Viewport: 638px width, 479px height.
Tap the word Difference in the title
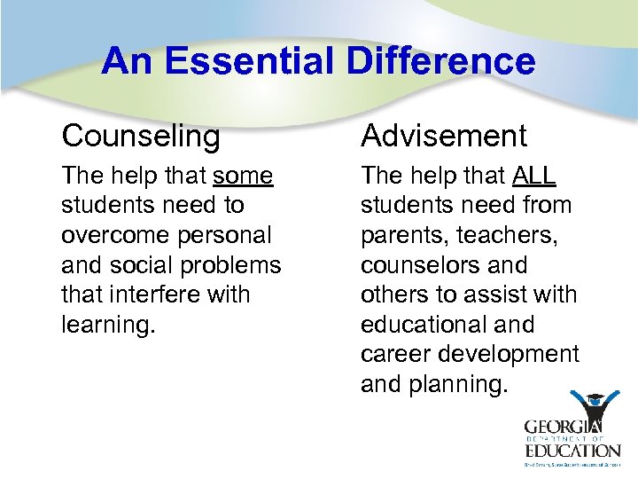pos(440,61)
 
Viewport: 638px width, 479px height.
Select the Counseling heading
pos(141,136)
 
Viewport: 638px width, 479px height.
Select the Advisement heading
pos(443,136)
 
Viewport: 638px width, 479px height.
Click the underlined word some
pos(243,177)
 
